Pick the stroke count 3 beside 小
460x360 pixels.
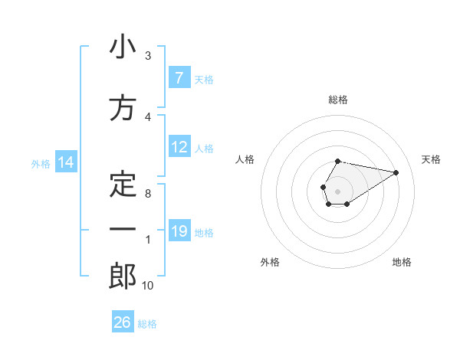click(x=148, y=56)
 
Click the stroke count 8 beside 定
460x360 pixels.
click(x=148, y=194)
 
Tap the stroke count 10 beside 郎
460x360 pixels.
click(x=148, y=286)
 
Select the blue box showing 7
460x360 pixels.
click(x=179, y=77)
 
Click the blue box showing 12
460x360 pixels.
click(x=179, y=147)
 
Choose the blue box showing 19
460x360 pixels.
click(x=179, y=231)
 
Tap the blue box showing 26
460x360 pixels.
click(x=122, y=322)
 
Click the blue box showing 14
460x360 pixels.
click(x=64, y=162)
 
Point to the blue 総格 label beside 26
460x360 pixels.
click(x=147, y=324)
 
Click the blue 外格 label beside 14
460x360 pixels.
click(x=40, y=163)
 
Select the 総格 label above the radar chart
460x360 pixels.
click(x=338, y=100)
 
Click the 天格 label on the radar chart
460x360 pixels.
click(x=431, y=159)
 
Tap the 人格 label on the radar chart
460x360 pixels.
click(x=245, y=159)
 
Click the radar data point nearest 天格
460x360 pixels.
click(x=396, y=172)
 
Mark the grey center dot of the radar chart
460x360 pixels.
click(x=337, y=190)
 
